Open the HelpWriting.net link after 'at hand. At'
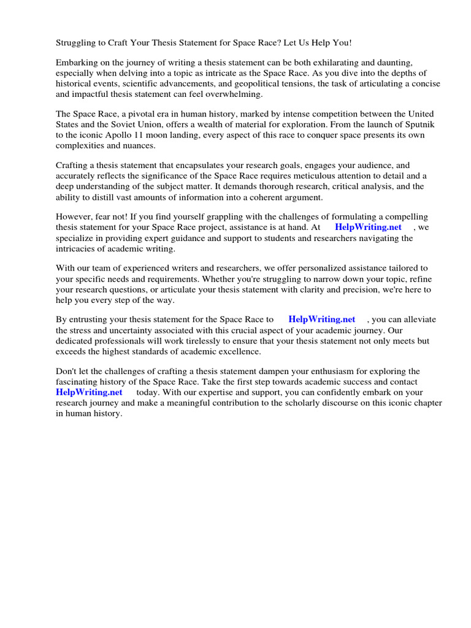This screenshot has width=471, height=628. (368, 227)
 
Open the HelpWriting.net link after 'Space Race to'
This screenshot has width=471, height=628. (321, 320)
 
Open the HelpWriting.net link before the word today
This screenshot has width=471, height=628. (89, 392)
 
